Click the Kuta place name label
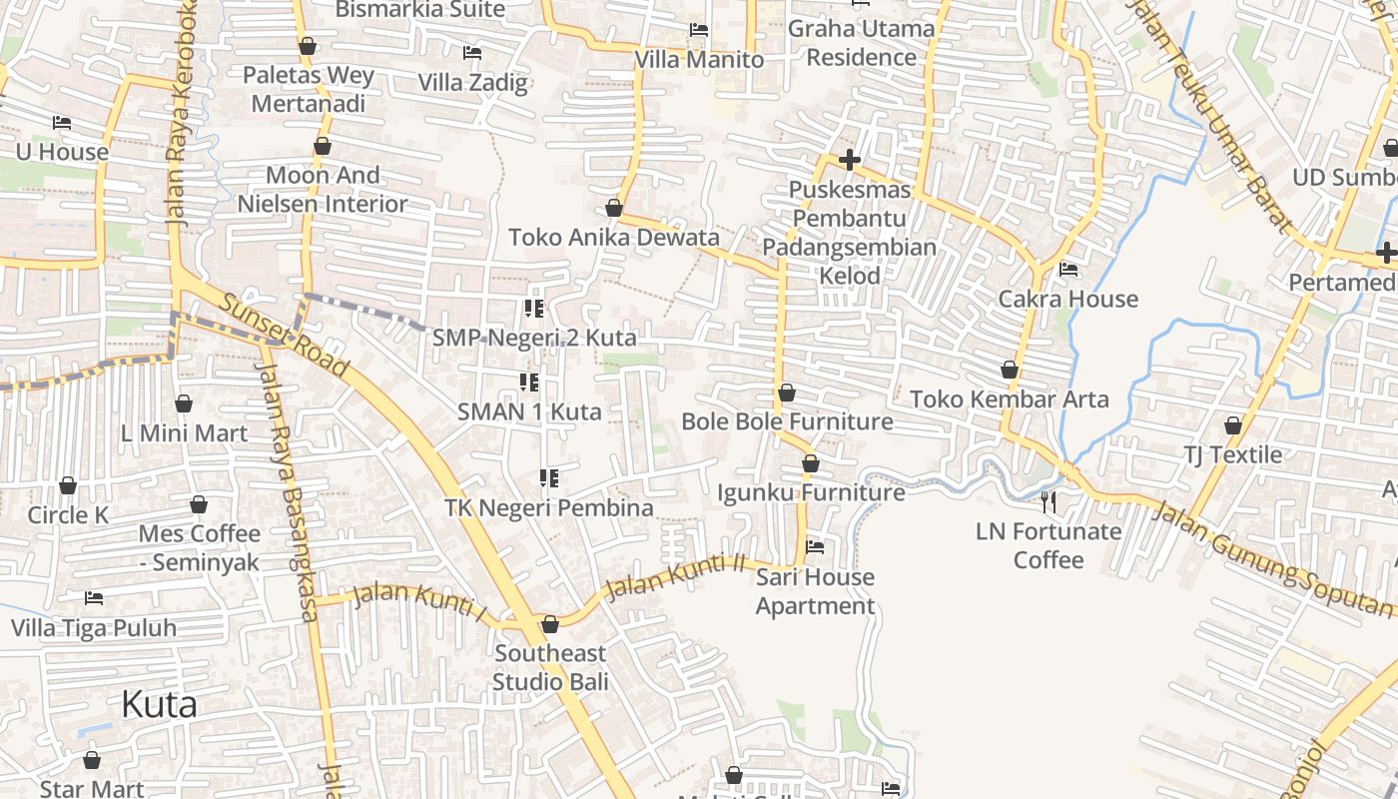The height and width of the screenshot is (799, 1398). coord(159,704)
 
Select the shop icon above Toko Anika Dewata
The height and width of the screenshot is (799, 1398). coord(614,208)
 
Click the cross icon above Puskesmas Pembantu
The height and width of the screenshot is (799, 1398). coord(850,160)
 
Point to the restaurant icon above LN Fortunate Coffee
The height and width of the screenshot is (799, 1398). coord(1048,501)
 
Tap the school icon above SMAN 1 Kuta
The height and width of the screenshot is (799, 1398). coord(529,382)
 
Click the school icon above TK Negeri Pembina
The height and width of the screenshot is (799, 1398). coord(548,478)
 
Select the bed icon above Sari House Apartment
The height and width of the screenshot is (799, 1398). coord(815,547)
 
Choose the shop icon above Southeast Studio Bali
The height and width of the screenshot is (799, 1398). coord(549,624)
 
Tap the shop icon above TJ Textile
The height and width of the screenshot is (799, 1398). coord(1233,425)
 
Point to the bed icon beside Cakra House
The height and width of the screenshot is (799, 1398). coord(1068,270)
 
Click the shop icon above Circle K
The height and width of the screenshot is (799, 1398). coord(68,485)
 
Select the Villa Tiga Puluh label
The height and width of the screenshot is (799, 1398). coord(94,628)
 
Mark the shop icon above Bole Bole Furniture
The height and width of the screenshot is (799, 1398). coord(787,393)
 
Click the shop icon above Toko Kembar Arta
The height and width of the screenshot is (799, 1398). coord(1010,370)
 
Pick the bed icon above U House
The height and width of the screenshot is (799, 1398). coord(62,123)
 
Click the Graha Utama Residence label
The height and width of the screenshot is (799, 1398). coord(862,43)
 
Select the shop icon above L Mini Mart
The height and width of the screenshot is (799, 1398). coord(184,403)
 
